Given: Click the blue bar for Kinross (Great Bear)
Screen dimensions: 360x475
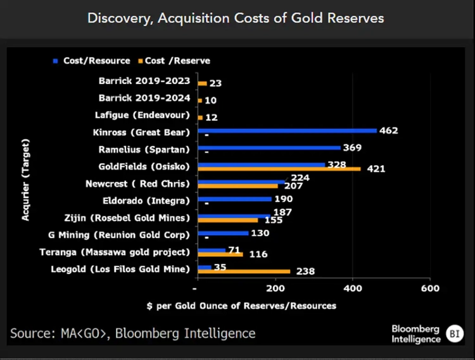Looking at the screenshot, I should [x=287, y=130].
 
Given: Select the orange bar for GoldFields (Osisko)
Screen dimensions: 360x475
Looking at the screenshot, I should [x=279, y=169].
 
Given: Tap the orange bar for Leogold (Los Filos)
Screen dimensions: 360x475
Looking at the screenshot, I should [x=244, y=271].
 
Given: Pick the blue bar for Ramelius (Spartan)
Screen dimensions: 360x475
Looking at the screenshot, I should [x=269, y=147].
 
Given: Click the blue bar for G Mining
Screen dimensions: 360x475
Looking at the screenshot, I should [x=223, y=233].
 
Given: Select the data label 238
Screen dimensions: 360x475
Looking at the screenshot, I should [x=304, y=271].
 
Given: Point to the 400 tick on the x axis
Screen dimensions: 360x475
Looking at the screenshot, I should [x=351, y=289].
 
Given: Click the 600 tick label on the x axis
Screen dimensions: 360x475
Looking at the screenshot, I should [x=429, y=289].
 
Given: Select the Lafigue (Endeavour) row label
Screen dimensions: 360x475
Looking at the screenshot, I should [x=144, y=115].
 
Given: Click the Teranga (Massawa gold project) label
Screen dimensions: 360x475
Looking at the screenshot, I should [x=129, y=252].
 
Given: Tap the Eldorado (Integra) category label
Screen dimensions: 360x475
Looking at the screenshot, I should [x=146, y=201].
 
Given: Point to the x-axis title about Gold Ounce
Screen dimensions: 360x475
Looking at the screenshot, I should [x=241, y=306].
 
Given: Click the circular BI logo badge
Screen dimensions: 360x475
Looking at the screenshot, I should [x=454, y=333].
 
